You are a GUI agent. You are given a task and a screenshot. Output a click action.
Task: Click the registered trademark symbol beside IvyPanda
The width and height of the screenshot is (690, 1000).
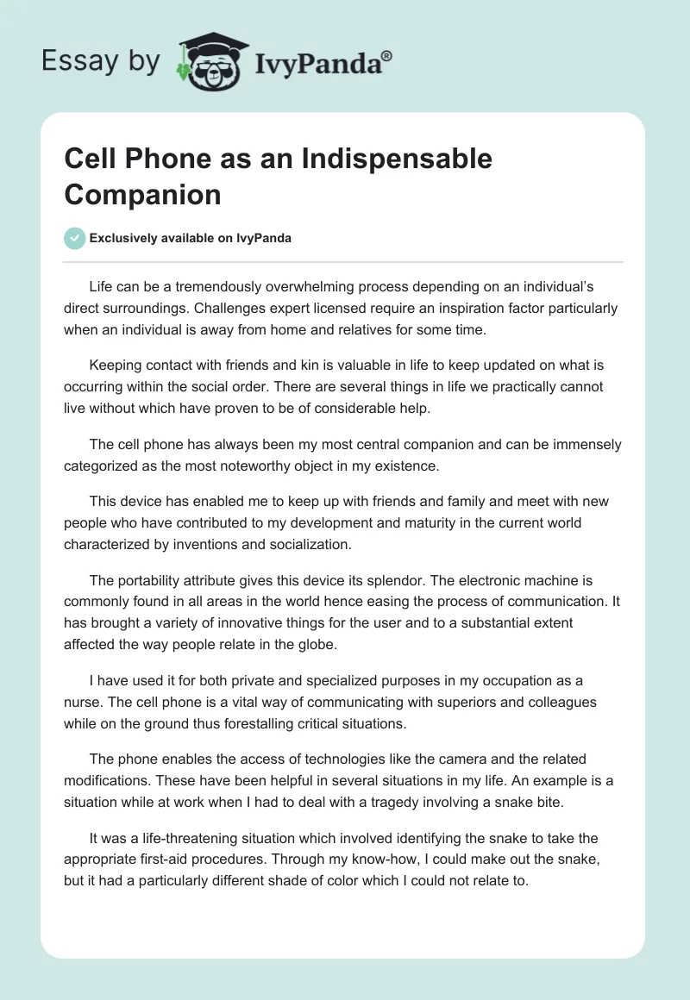point(387,55)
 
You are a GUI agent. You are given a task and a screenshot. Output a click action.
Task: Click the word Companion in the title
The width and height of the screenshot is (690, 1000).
point(142,194)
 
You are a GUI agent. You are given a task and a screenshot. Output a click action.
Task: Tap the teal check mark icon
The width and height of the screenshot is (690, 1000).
point(75,238)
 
